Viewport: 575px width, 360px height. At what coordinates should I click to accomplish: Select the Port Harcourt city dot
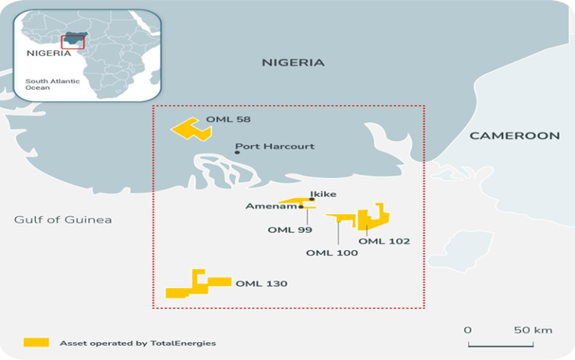pos(237,152)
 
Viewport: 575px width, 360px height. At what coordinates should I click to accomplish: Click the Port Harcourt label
pos(275,147)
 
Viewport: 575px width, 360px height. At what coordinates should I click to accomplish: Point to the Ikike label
pos(323,194)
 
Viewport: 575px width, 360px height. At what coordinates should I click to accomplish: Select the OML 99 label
pos(290,230)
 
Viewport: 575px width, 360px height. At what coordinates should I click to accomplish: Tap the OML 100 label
pos(332,253)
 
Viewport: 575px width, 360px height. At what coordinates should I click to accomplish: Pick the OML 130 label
pos(261,284)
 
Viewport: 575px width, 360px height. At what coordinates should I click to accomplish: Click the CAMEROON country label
pos(514,135)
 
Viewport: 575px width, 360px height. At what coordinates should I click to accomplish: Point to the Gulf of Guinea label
pos(63,219)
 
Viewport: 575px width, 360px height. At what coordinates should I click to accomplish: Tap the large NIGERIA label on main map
pos(293,63)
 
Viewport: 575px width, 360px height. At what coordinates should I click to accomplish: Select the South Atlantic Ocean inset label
pos(47,84)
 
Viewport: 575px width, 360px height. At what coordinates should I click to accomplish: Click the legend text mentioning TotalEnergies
pos(138,343)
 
